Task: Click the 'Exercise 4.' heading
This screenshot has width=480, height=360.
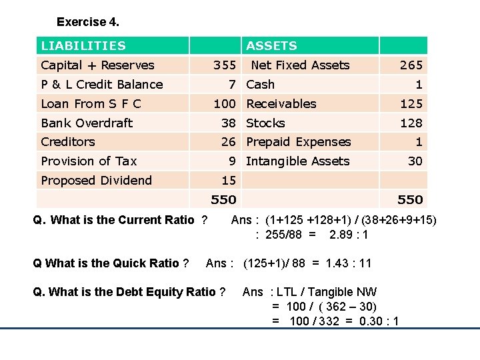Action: coord(88,22)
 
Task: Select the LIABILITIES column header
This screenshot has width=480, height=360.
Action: coord(83,46)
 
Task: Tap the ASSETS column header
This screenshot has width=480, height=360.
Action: coord(271,46)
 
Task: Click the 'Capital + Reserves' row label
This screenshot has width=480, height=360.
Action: coord(97,65)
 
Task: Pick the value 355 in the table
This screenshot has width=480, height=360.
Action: coord(224,65)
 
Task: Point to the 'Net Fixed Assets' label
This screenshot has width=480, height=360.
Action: coord(300,65)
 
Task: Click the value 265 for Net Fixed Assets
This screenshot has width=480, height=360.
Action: coord(411,65)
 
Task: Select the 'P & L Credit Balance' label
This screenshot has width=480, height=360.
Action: coord(102,85)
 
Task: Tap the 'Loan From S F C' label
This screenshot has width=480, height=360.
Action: coord(91,104)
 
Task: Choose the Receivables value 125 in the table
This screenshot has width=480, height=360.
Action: coord(411,104)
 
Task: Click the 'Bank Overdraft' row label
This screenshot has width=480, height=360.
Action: coord(87,123)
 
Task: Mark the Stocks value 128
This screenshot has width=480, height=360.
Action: coord(411,123)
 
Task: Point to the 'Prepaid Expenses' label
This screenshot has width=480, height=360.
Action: coord(298,142)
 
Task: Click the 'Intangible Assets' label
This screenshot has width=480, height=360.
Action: coord(297,161)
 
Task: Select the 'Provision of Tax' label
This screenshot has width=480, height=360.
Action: coord(89,161)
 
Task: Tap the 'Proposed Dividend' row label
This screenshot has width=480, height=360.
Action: coord(96,181)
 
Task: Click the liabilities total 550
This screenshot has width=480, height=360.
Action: coord(223,200)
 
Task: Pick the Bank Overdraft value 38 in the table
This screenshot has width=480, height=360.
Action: coord(229,123)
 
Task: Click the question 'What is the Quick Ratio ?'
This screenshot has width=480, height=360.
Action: coord(111,263)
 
